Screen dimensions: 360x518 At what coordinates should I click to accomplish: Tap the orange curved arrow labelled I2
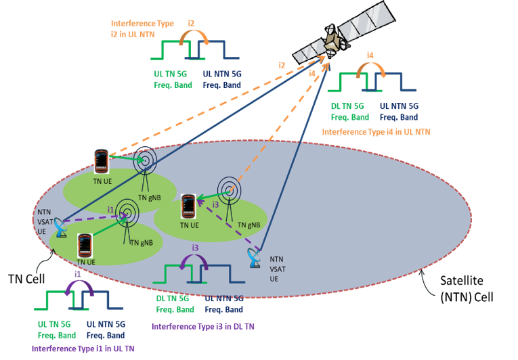192,38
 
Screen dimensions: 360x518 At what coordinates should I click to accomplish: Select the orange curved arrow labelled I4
370,69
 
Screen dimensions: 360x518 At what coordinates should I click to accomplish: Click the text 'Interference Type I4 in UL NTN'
376,131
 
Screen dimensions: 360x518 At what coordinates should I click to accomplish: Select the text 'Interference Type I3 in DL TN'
202,326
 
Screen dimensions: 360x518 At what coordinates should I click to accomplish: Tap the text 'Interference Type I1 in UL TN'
83,348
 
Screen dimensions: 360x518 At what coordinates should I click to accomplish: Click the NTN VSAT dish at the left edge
61,228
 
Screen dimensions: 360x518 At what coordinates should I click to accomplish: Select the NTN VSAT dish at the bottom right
255,257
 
